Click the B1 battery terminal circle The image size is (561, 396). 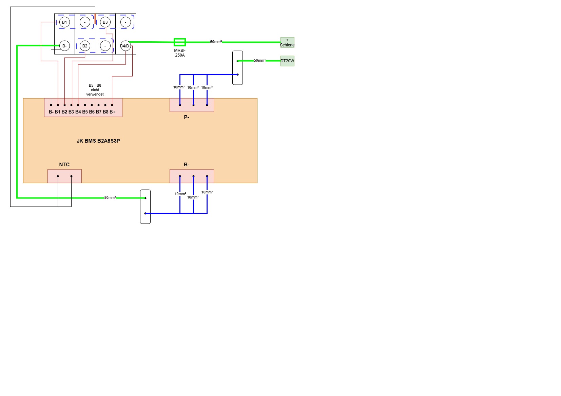click(65, 22)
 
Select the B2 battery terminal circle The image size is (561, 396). click(85, 46)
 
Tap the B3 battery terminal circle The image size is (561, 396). click(105, 22)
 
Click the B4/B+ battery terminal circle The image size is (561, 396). click(126, 46)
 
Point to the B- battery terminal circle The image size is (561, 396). click(65, 46)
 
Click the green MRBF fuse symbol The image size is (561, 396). click(180, 42)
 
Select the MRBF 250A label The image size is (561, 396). click(180, 53)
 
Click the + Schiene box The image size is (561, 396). click(287, 43)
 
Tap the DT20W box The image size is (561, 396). click(287, 61)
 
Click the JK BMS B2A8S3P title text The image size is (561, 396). click(98, 141)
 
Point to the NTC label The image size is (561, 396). click(64, 165)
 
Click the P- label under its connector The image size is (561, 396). click(187, 117)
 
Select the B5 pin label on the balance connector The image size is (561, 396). click(85, 112)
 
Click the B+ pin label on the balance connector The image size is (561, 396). click(113, 112)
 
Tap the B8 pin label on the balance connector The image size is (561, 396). click(105, 112)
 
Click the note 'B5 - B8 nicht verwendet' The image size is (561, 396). click(95, 90)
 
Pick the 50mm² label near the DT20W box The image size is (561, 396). click(260, 61)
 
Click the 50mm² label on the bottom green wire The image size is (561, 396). click(110, 197)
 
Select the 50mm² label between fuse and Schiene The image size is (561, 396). click(216, 42)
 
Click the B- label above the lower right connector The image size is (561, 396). click(187, 165)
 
